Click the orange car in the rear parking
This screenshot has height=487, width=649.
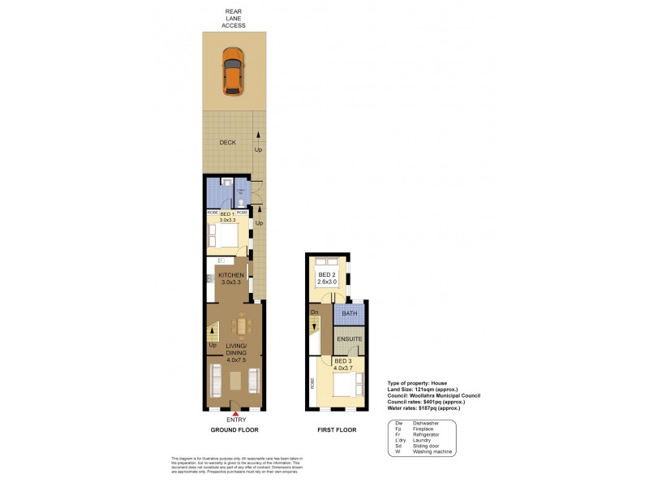[x=233, y=71]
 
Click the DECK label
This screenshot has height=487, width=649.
[x=227, y=142]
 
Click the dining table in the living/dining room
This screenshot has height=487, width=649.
[x=242, y=326]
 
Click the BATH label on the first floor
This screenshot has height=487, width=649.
[x=350, y=312]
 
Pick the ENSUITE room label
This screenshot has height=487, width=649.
[x=350, y=340]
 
